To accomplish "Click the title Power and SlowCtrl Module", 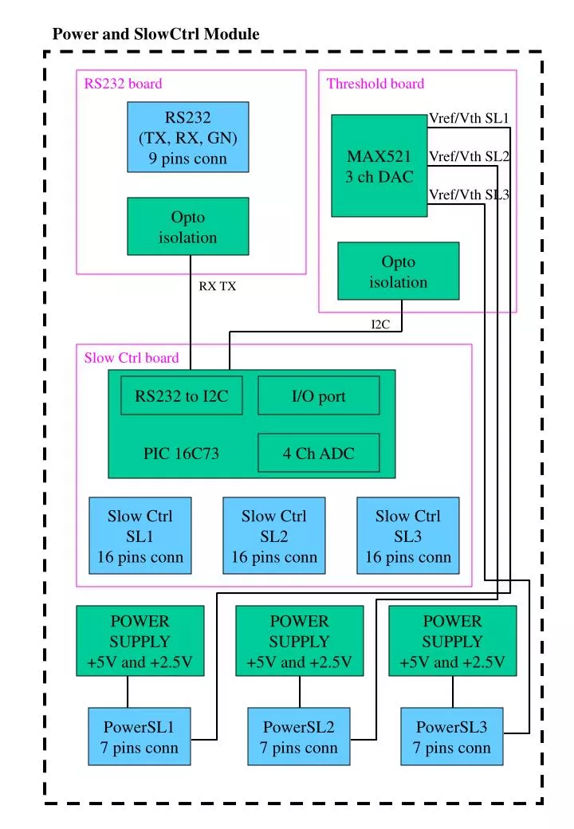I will tap(155, 34).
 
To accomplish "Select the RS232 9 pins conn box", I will tap(187, 137).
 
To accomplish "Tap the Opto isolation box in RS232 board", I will tap(187, 226).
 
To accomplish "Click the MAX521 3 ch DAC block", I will tap(379, 167).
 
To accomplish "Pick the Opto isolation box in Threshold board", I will tap(398, 272).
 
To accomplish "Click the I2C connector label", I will tap(380, 324).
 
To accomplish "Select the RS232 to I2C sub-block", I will tap(181, 396).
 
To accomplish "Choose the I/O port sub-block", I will tap(318, 396).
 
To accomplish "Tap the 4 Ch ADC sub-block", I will tap(318, 454).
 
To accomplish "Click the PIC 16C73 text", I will tap(181, 454).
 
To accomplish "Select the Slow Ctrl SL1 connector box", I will tap(140, 536).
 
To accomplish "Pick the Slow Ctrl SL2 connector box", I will tap(273, 536).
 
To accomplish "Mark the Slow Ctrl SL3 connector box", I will tap(407, 536).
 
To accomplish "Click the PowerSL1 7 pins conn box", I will tap(140, 737).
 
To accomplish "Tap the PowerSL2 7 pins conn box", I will tap(298, 737).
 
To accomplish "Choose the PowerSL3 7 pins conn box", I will tap(451, 737).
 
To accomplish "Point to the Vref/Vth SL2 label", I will tap(469, 156).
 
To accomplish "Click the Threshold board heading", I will tap(375, 84).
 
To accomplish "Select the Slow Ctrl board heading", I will tap(132, 358).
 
